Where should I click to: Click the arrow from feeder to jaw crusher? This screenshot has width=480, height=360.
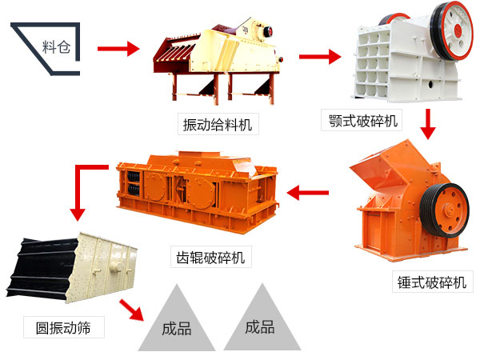tap(319, 58)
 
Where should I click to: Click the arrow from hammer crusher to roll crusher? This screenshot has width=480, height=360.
tap(307, 191)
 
